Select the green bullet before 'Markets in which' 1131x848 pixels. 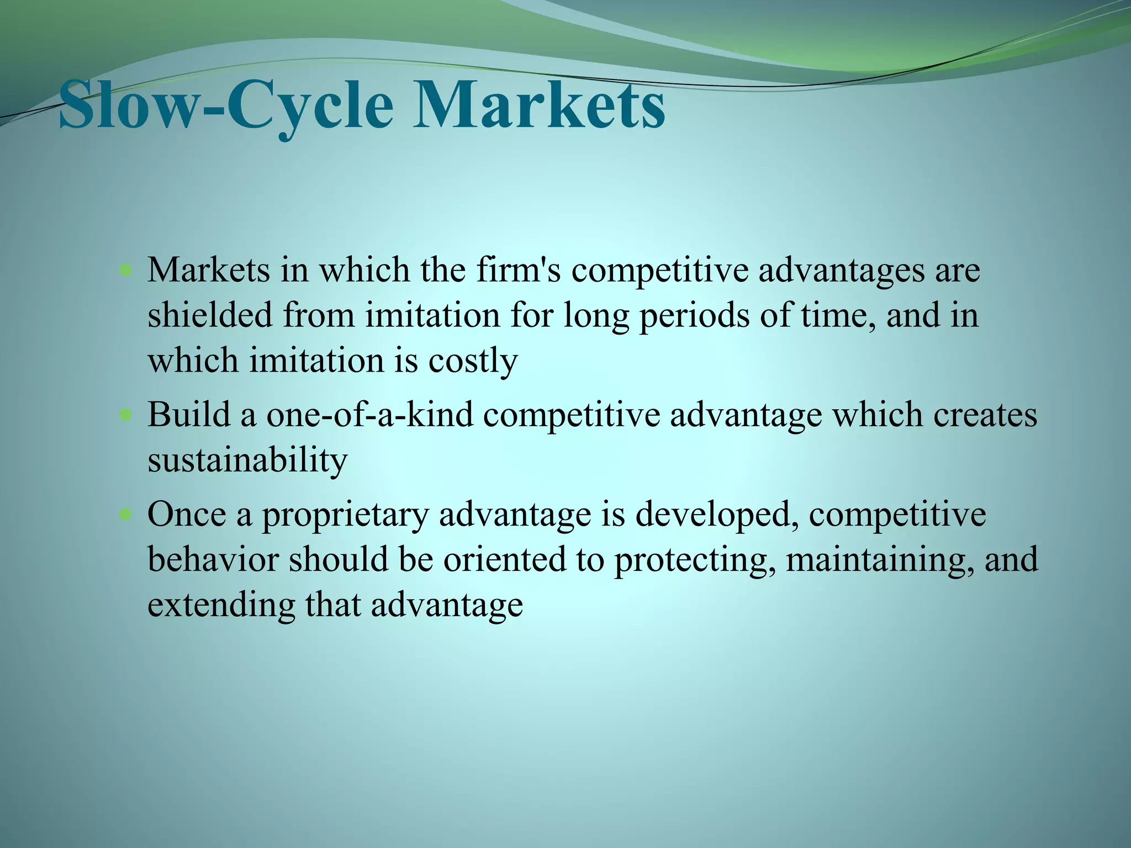tap(126, 271)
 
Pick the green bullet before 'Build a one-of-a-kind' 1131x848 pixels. tap(126, 415)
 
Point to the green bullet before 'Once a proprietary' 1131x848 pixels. tap(126, 515)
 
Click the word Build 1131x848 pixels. tap(188, 415)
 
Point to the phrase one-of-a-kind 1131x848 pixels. tap(369, 415)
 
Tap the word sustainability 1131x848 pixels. tap(247, 460)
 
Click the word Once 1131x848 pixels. tap(187, 515)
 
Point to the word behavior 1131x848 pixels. tap(213, 559)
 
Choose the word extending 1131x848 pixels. tap(221, 605)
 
